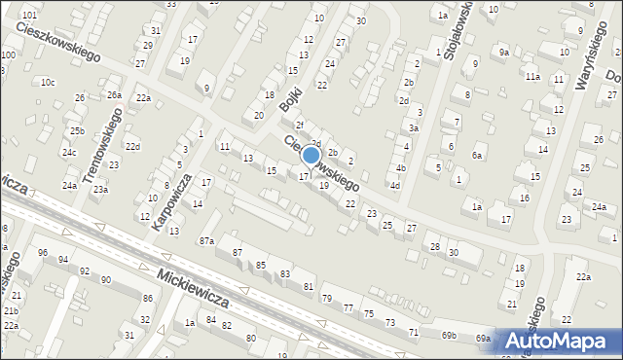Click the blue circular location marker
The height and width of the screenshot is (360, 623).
tap(311, 155)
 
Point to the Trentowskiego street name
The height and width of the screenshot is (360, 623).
tap(104, 147)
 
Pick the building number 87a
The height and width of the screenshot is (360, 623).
tap(206, 240)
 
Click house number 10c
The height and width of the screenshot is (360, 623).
tap(48, 83)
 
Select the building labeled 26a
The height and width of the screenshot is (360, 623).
tap(114, 94)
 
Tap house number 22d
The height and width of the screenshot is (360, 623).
tap(131, 147)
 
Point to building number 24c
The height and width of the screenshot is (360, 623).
tap(69, 153)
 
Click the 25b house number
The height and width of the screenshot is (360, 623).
tap(76, 131)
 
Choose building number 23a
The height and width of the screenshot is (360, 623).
tap(100, 190)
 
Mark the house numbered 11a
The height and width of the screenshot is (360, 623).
tap(531, 76)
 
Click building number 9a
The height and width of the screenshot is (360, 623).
tap(503, 52)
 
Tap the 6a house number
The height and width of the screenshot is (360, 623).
tap(477, 156)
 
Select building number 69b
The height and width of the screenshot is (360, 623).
tap(448, 336)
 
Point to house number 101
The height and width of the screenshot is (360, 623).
tap(29, 16)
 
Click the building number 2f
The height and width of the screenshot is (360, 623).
tap(300, 125)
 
